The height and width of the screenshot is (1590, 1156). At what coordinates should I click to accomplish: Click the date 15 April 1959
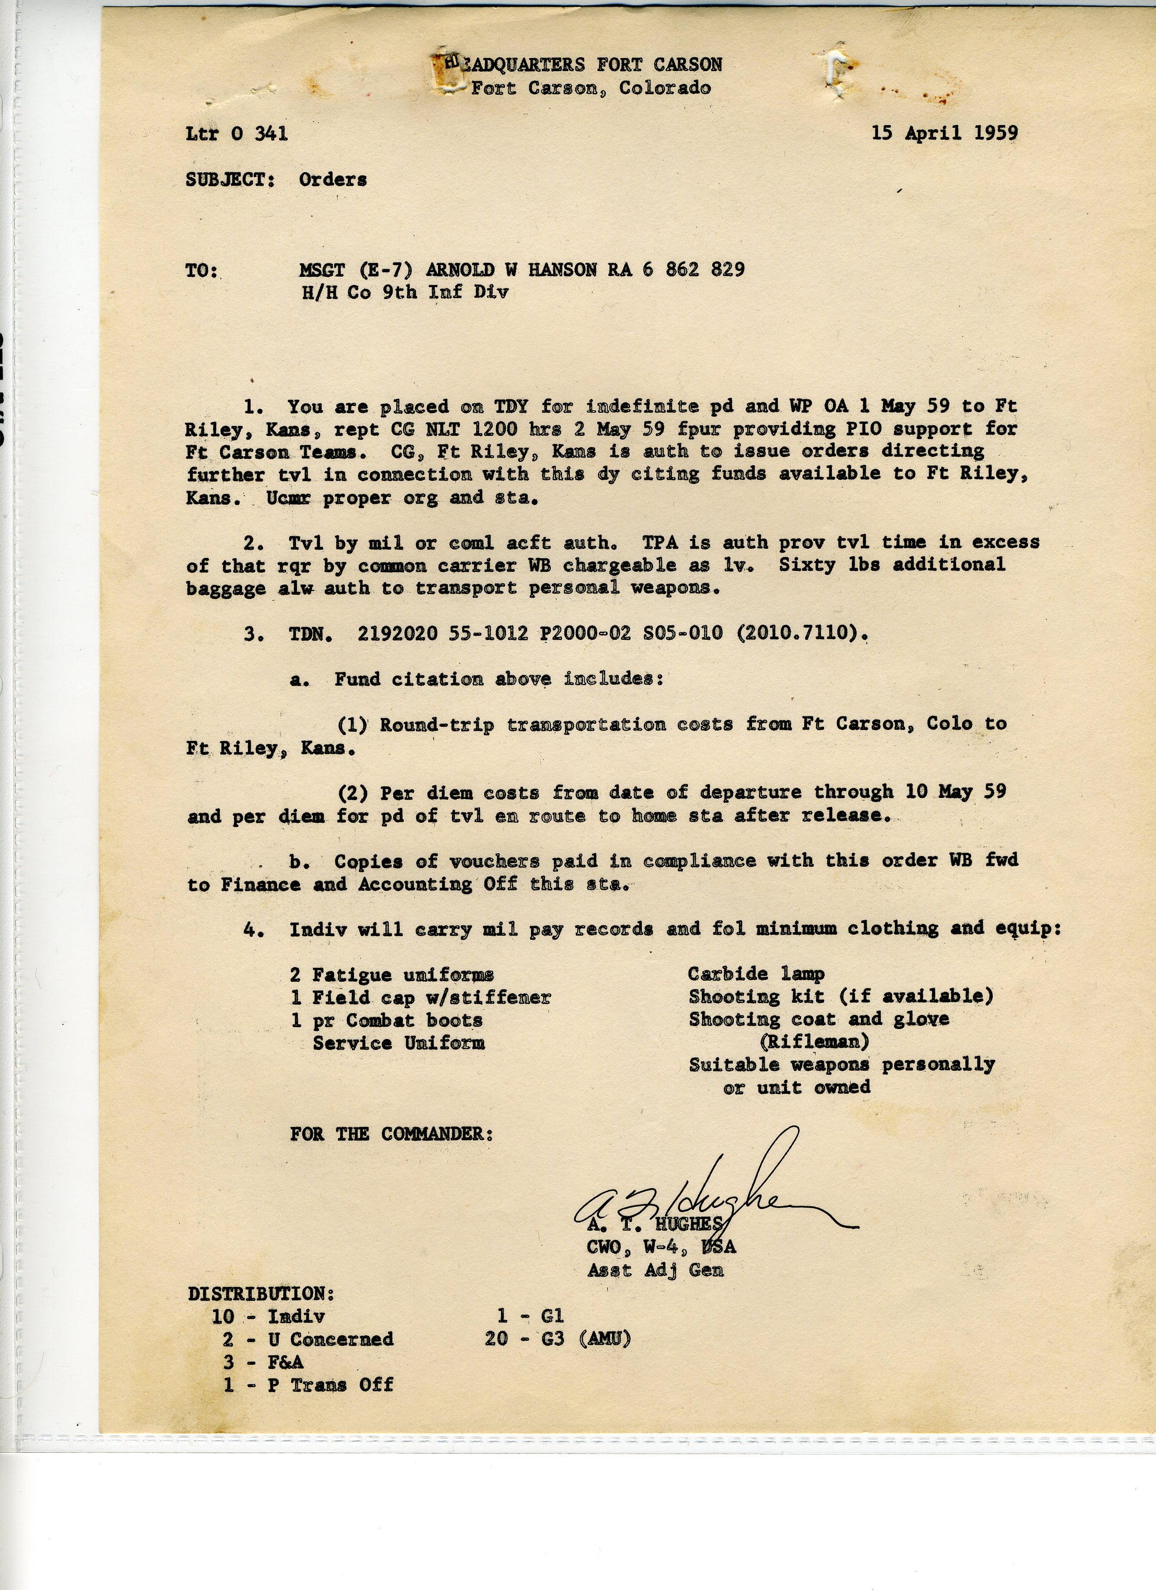coord(944,133)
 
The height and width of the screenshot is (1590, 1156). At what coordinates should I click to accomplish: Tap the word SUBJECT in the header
coord(230,179)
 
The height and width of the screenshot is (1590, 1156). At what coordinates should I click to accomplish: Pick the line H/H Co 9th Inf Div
coord(405,292)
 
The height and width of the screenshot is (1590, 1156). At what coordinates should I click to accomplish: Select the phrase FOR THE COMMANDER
coord(391,1134)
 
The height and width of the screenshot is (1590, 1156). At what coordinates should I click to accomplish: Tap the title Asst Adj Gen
coord(655,1270)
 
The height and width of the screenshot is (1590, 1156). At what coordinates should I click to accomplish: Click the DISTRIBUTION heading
coord(261,1294)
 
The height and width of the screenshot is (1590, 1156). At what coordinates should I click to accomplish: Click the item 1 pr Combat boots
coord(387,1020)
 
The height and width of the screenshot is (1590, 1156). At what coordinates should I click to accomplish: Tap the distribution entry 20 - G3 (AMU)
coord(558,1339)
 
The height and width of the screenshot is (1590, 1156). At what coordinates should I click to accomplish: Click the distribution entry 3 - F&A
coord(264,1362)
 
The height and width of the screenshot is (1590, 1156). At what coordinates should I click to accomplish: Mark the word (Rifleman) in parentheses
coord(814,1042)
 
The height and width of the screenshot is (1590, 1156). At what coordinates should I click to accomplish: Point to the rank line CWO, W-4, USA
coord(661,1247)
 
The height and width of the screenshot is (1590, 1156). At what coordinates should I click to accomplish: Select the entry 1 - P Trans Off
coord(309,1385)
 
